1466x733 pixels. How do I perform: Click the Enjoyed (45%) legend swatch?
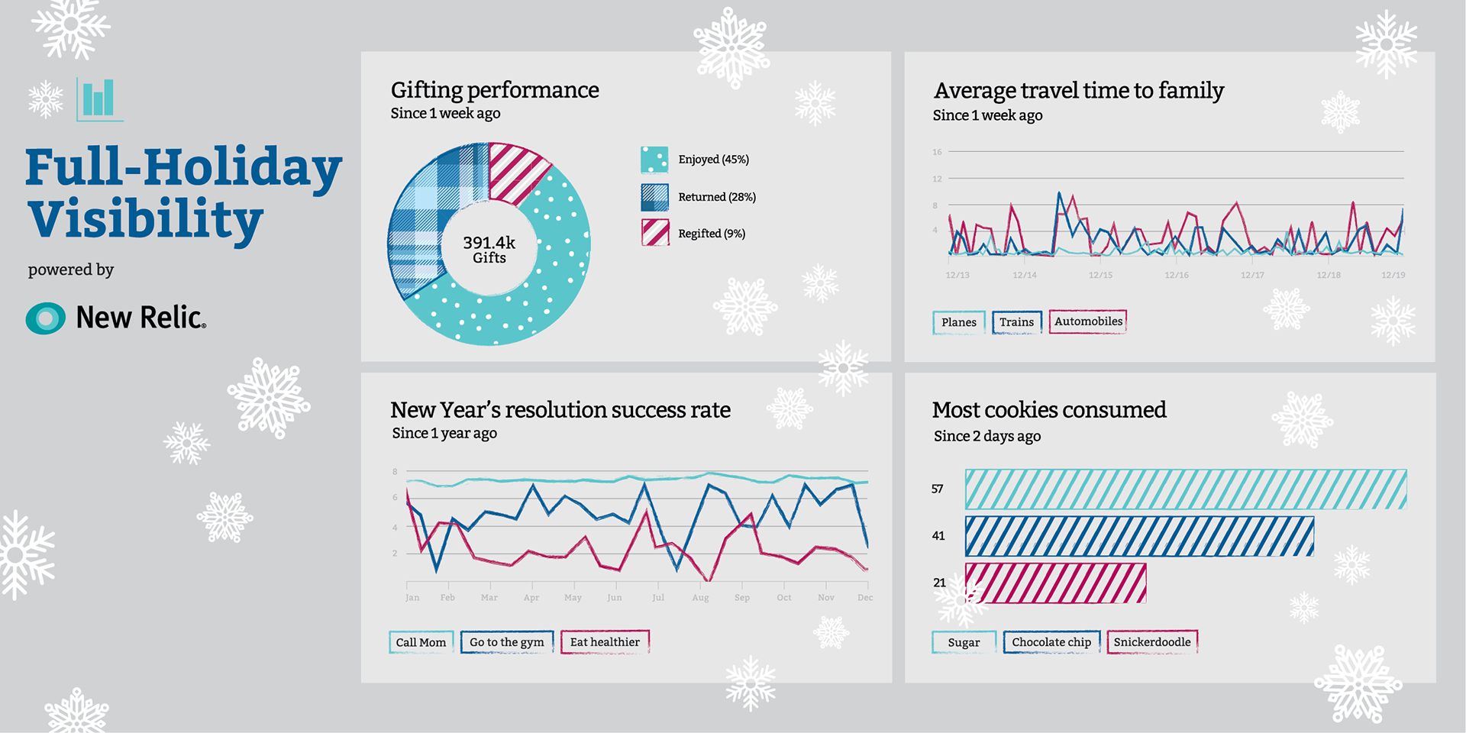tap(654, 160)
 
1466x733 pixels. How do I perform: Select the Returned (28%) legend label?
tap(716, 197)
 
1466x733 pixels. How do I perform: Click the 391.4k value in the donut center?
tap(489, 243)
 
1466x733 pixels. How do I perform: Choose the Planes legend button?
tap(958, 322)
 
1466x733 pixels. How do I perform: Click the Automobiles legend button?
tap(1088, 321)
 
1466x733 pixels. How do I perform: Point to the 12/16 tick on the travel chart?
tap(1176, 275)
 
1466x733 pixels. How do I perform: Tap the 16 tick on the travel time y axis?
tap(937, 152)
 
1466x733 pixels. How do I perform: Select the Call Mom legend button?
tap(421, 642)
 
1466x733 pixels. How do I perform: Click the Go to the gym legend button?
tap(506, 642)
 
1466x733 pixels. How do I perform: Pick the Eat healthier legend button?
tap(605, 642)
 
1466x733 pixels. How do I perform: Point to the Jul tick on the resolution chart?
tap(658, 597)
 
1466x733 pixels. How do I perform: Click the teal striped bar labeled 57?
tap(1185, 489)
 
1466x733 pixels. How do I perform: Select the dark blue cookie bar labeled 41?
tap(1138, 536)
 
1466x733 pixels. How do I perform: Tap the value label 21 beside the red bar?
tap(939, 583)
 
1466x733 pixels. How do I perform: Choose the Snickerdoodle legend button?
tap(1151, 642)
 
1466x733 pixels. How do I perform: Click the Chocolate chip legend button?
tap(1051, 642)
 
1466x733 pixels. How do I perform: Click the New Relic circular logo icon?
tap(46, 318)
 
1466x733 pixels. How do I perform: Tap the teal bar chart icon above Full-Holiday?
tap(99, 99)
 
